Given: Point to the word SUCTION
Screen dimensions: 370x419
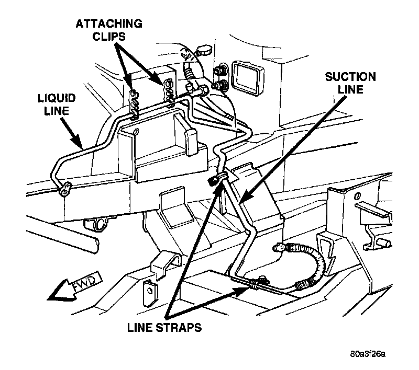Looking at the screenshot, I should tap(350, 77).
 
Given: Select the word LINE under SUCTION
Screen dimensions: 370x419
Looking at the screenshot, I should tap(350, 91).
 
